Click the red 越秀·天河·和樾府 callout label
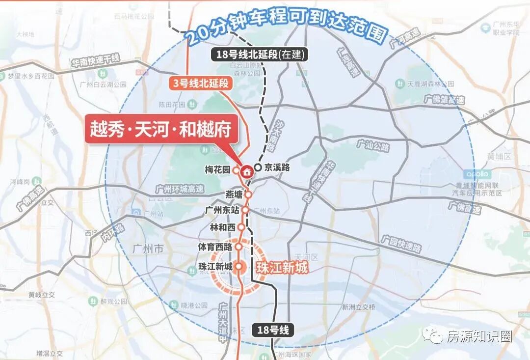tap(160, 129)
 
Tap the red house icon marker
tap(246, 171)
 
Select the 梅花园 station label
tap(217, 170)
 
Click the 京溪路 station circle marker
tap(258, 167)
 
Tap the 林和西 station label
tap(222, 227)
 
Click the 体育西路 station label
tap(215, 247)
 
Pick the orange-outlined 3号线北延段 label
tap(201, 83)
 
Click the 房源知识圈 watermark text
tap(479, 336)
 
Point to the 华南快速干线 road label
tap(96, 61)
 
